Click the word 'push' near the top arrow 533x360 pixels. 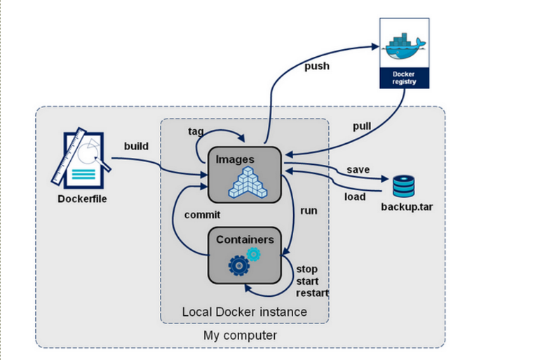click(x=317, y=67)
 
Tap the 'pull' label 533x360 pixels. click(x=362, y=126)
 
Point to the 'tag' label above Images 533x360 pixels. click(x=196, y=131)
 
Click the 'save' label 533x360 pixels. click(x=358, y=171)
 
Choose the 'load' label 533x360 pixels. click(x=355, y=196)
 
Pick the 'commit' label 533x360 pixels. click(x=202, y=215)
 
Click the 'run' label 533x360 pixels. click(x=309, y=210)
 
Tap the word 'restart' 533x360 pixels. click(x=312, y=293)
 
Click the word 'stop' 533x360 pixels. click(x=306, y=269)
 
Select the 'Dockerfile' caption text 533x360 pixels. click(x=82, y=199)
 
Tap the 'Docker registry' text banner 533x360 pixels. click(x=403, y=77)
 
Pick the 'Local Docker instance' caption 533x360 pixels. click(x=244, y=312)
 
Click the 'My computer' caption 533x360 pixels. click(x=240, y=335)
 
